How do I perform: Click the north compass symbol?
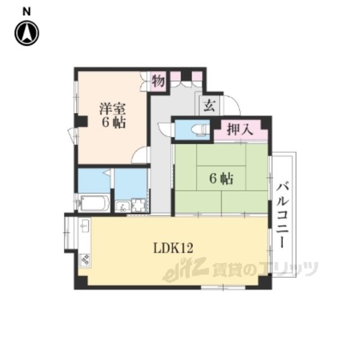(27, 33)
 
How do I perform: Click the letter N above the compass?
(26, 11)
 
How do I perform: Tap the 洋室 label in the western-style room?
(112, 109)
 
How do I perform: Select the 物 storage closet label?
(158, 81)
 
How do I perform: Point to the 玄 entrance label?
(210, 106)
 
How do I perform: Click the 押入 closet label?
(240, 129)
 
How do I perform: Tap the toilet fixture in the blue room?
(200, 130)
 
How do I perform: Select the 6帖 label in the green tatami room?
(221, 178)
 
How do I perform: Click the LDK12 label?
(173, 248)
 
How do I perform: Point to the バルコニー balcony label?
(282, 214)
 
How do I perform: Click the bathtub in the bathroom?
(94, 203)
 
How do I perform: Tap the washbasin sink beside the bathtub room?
(123, 206)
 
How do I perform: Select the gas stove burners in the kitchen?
(84, 260)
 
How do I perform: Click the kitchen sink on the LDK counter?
(85, 225)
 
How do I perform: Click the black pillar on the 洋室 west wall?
(81, 121)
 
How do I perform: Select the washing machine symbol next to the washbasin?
(139, 205)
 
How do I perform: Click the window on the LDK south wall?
(223, 287)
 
